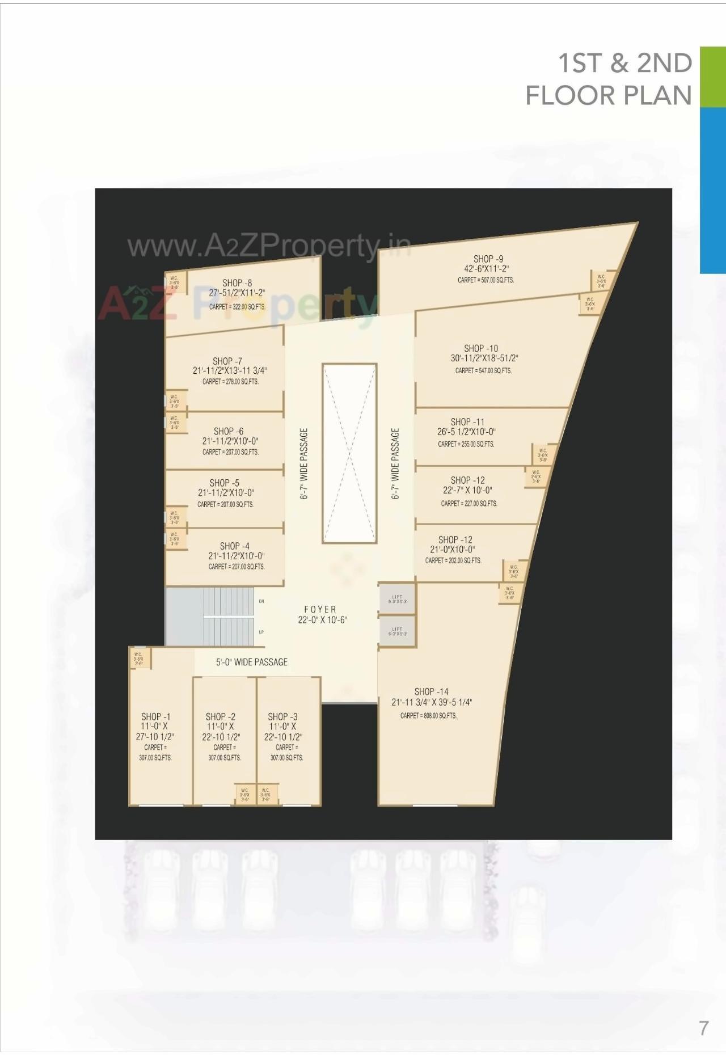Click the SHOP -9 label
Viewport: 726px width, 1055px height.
488,259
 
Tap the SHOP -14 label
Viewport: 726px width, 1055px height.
431,691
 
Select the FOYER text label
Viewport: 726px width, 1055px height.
320,609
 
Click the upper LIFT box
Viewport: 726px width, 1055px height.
397,599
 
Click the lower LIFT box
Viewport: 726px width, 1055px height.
397,631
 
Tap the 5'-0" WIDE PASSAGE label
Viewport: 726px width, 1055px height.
251,662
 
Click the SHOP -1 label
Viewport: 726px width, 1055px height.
155,716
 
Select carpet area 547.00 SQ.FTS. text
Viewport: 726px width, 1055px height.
483,370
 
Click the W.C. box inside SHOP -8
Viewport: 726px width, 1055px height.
175,282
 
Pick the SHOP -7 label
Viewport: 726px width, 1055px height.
227,361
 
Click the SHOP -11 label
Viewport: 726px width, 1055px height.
467,421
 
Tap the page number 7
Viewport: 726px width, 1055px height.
703,1028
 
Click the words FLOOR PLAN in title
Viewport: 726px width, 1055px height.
608,95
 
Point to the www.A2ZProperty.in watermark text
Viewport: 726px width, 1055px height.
269,246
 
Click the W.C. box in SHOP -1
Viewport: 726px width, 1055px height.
139,659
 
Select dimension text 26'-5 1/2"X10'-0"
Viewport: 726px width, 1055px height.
466,432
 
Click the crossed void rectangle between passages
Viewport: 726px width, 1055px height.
349,453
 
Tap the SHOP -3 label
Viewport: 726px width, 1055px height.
282,716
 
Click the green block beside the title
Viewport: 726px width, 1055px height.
712,77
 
